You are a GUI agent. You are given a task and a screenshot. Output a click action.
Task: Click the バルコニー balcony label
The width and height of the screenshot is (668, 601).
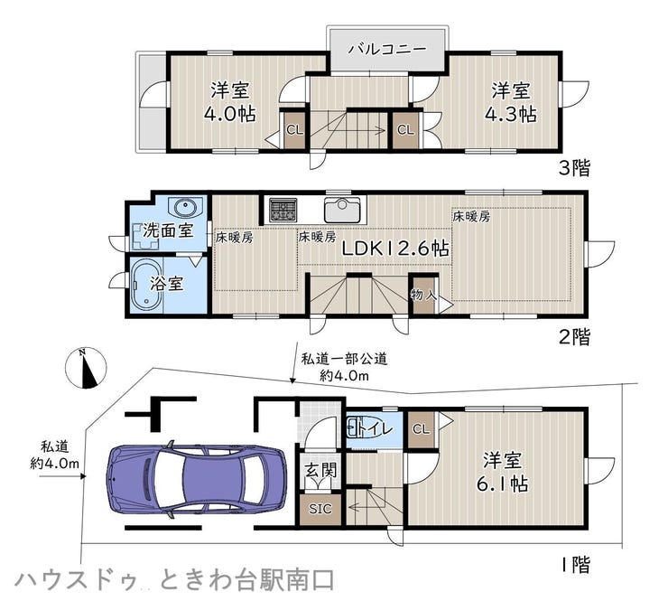click(x=387, y=49)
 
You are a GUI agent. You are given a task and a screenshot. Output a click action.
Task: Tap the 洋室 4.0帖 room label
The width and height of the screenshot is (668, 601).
click(x=230, y=102)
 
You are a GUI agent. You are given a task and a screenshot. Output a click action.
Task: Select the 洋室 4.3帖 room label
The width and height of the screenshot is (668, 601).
click(x=511, y=102)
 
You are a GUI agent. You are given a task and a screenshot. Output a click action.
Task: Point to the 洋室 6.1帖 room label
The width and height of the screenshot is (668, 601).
click(x=502, y=472)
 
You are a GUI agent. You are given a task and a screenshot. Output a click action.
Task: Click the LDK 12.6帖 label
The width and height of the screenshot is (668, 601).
click(x=395, y=249)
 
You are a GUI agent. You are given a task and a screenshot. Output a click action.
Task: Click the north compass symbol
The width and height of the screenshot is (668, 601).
click(x=86, y=368)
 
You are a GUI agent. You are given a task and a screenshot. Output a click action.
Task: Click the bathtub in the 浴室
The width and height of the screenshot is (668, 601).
click(x=145, y=285)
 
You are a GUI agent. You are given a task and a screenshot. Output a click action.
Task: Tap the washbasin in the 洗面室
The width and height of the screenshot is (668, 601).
click(x=186, y=208)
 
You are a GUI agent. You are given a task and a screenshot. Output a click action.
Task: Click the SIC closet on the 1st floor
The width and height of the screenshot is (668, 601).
click(x=320, y=509)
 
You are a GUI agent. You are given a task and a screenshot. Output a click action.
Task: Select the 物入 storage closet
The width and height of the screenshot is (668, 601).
click(x=424, y=295)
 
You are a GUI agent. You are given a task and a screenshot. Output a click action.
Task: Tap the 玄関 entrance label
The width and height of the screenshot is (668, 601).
click(x=320, y=470)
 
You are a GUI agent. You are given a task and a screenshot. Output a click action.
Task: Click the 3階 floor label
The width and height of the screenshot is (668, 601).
click(x=574, y=167)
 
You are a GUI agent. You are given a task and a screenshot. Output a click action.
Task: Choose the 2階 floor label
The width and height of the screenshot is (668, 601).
click(x=574, y=337)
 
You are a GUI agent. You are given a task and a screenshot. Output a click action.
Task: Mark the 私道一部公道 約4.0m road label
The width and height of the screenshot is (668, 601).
click(x=344, y=367)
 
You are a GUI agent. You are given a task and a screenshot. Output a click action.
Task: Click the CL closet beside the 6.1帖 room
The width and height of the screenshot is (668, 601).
click(x=421, y=429)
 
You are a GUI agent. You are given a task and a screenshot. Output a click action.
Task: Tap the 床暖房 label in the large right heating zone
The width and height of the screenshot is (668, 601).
click(x=471, y=217)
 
